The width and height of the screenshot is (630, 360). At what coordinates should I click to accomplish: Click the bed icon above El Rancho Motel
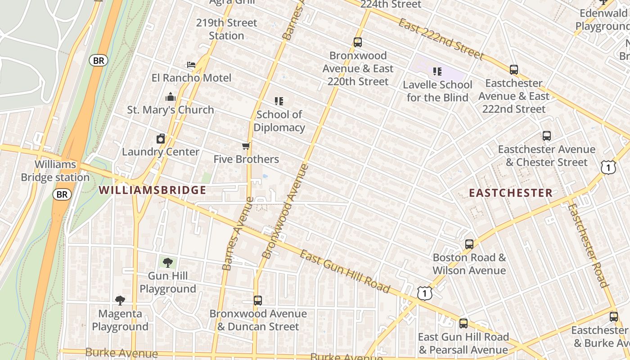(x=191, y=65)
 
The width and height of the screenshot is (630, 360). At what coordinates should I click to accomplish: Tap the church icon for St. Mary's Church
(x=171, y=97)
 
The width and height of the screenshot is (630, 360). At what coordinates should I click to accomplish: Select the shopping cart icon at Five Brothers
(x=246, y=146)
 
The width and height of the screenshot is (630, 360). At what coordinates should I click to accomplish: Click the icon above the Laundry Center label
(x=161, y=139)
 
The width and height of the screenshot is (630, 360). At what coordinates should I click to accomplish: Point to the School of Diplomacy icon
(x=279, y=101)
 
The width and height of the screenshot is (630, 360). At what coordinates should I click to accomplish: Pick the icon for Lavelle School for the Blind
(x=437, y=72)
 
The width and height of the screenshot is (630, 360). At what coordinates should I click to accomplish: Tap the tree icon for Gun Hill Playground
(x=167, y=262)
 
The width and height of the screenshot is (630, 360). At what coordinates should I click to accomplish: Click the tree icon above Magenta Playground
(x=120, y=300)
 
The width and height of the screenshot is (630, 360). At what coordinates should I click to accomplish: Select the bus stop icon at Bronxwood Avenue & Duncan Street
(x=258, y=300)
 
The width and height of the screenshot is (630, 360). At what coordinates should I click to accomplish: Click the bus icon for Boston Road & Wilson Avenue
(x=469, y=244)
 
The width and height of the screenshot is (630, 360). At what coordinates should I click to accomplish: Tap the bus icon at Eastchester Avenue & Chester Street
(x=547, y=136)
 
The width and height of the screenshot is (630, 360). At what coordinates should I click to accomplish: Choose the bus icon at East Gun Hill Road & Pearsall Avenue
(x=463, y=324)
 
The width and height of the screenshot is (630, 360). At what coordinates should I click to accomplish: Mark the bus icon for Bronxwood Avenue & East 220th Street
(x=358, y=42)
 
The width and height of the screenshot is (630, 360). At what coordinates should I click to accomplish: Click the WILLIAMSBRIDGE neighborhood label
(x=153, y=190)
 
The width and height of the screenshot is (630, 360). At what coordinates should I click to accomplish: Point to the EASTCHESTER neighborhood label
(x=511, y=193)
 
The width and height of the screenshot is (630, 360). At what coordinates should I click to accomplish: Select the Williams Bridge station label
(x=55, y=171)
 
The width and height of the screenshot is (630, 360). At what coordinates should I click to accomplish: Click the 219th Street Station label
(x=226, y=29)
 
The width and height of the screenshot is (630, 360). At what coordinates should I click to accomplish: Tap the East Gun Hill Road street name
(x=345, y=271)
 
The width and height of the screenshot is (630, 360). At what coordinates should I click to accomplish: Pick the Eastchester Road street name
(x=588, y=245)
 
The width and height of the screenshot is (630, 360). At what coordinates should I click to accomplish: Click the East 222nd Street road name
(x=441, y=39)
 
